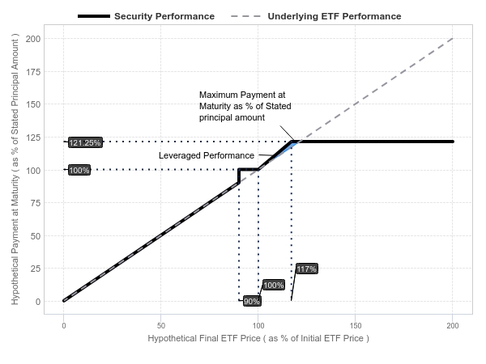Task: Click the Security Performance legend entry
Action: [x=146, y=16]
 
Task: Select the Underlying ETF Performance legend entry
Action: [x=316, y=16]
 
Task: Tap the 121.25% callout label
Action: [x=85, y=142]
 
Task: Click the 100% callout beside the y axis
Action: [x=79, y=170]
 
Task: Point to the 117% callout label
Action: [x=306, y=269]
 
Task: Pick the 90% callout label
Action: [x=251, y=301]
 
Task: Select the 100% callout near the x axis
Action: [x=274, y=285]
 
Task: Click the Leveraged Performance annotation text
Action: [x=207, y=155]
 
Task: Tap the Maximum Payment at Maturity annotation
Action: [x=245, y=106]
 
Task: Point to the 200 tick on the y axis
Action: [x=33, y=39]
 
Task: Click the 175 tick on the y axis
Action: [x=33, y=72]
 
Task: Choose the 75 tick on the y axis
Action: [x=36, y=203]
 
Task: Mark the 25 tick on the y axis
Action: [x=36, y=269]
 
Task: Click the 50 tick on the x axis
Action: [x=161, y=326]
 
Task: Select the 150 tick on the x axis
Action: [x=356, y=326]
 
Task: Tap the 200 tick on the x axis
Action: [x=453, y=326]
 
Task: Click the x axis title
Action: [x=258, y=338]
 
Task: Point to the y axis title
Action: [x=15, y=169]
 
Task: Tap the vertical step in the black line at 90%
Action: [x=239, y=176]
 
